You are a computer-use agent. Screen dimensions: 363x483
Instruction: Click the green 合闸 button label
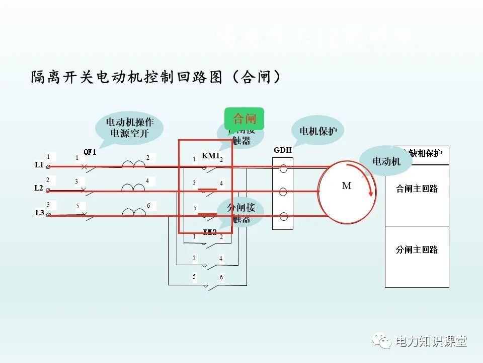click(245, 119)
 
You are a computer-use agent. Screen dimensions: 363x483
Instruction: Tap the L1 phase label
click(39, 165)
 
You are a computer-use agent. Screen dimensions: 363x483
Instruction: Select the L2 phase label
click(39, 188)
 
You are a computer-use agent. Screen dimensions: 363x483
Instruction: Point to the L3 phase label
click(39, 212)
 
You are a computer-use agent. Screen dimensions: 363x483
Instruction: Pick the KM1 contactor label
click(210, 156)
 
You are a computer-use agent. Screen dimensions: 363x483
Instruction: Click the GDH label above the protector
click(282, 150)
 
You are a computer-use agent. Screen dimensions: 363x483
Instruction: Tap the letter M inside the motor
click(347, 186)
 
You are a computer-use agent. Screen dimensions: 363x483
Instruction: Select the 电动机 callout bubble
click(386, 161)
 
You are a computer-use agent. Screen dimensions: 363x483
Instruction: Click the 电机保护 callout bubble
click(318, 131)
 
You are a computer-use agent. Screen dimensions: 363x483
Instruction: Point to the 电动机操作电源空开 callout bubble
click(130, 128)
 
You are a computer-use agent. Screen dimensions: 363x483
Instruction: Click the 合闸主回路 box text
click(417, 189)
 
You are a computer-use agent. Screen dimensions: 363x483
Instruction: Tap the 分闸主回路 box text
click(417, 250)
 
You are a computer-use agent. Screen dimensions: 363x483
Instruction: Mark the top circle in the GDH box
click(283, 168)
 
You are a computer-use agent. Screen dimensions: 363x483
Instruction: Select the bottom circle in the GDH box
click(283, 217)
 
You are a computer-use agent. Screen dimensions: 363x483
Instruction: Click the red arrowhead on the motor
click(372, 193)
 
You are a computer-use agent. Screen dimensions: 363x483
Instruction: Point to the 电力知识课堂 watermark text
click(431, 341)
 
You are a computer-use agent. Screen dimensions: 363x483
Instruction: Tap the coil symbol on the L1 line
click(133, 163)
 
